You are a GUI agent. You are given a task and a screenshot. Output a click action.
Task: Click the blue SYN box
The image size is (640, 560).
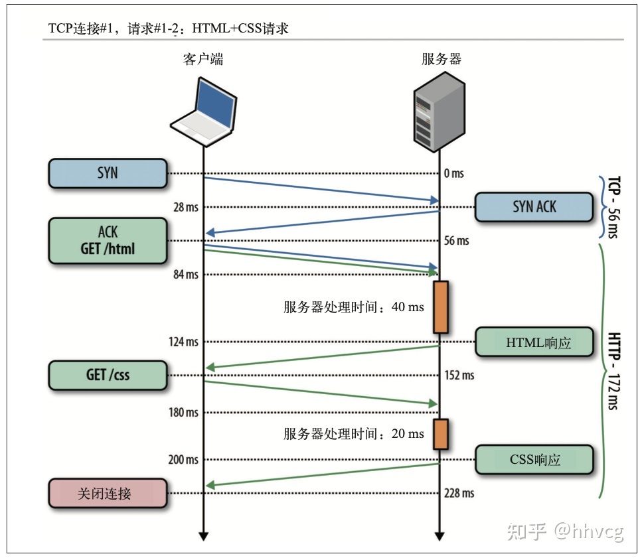(x=107, y=173)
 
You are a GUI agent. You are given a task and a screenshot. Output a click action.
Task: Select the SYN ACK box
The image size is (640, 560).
(x=534, y=206)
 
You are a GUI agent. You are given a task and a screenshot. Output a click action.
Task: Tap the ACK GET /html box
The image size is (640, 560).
(x=107, y=240)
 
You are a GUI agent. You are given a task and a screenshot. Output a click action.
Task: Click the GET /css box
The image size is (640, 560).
(x=107, y=375)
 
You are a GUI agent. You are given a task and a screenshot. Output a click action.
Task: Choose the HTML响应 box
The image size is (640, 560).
(x=534, y=342)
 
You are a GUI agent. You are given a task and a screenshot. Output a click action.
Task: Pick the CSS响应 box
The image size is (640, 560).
(x=534, y=459)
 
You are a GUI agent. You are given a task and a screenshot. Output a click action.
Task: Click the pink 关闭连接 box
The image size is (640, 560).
(x=107, y=493)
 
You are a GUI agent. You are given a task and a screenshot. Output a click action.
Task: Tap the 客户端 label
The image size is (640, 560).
(x=203, y=59)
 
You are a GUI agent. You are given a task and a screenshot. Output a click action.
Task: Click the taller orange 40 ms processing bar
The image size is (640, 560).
(x=440, y=306)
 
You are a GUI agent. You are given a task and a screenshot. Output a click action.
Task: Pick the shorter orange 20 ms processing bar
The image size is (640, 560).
(x=440, y=433)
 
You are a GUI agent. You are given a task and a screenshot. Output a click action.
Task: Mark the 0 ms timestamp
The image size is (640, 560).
(x=453, y=173)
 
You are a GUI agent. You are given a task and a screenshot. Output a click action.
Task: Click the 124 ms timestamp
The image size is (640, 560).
(x=183, y=342)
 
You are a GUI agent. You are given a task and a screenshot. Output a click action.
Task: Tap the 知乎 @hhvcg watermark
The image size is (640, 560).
(x=565, y=531)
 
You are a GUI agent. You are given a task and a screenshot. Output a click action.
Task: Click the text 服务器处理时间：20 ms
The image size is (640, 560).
(x=353, y=434)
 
